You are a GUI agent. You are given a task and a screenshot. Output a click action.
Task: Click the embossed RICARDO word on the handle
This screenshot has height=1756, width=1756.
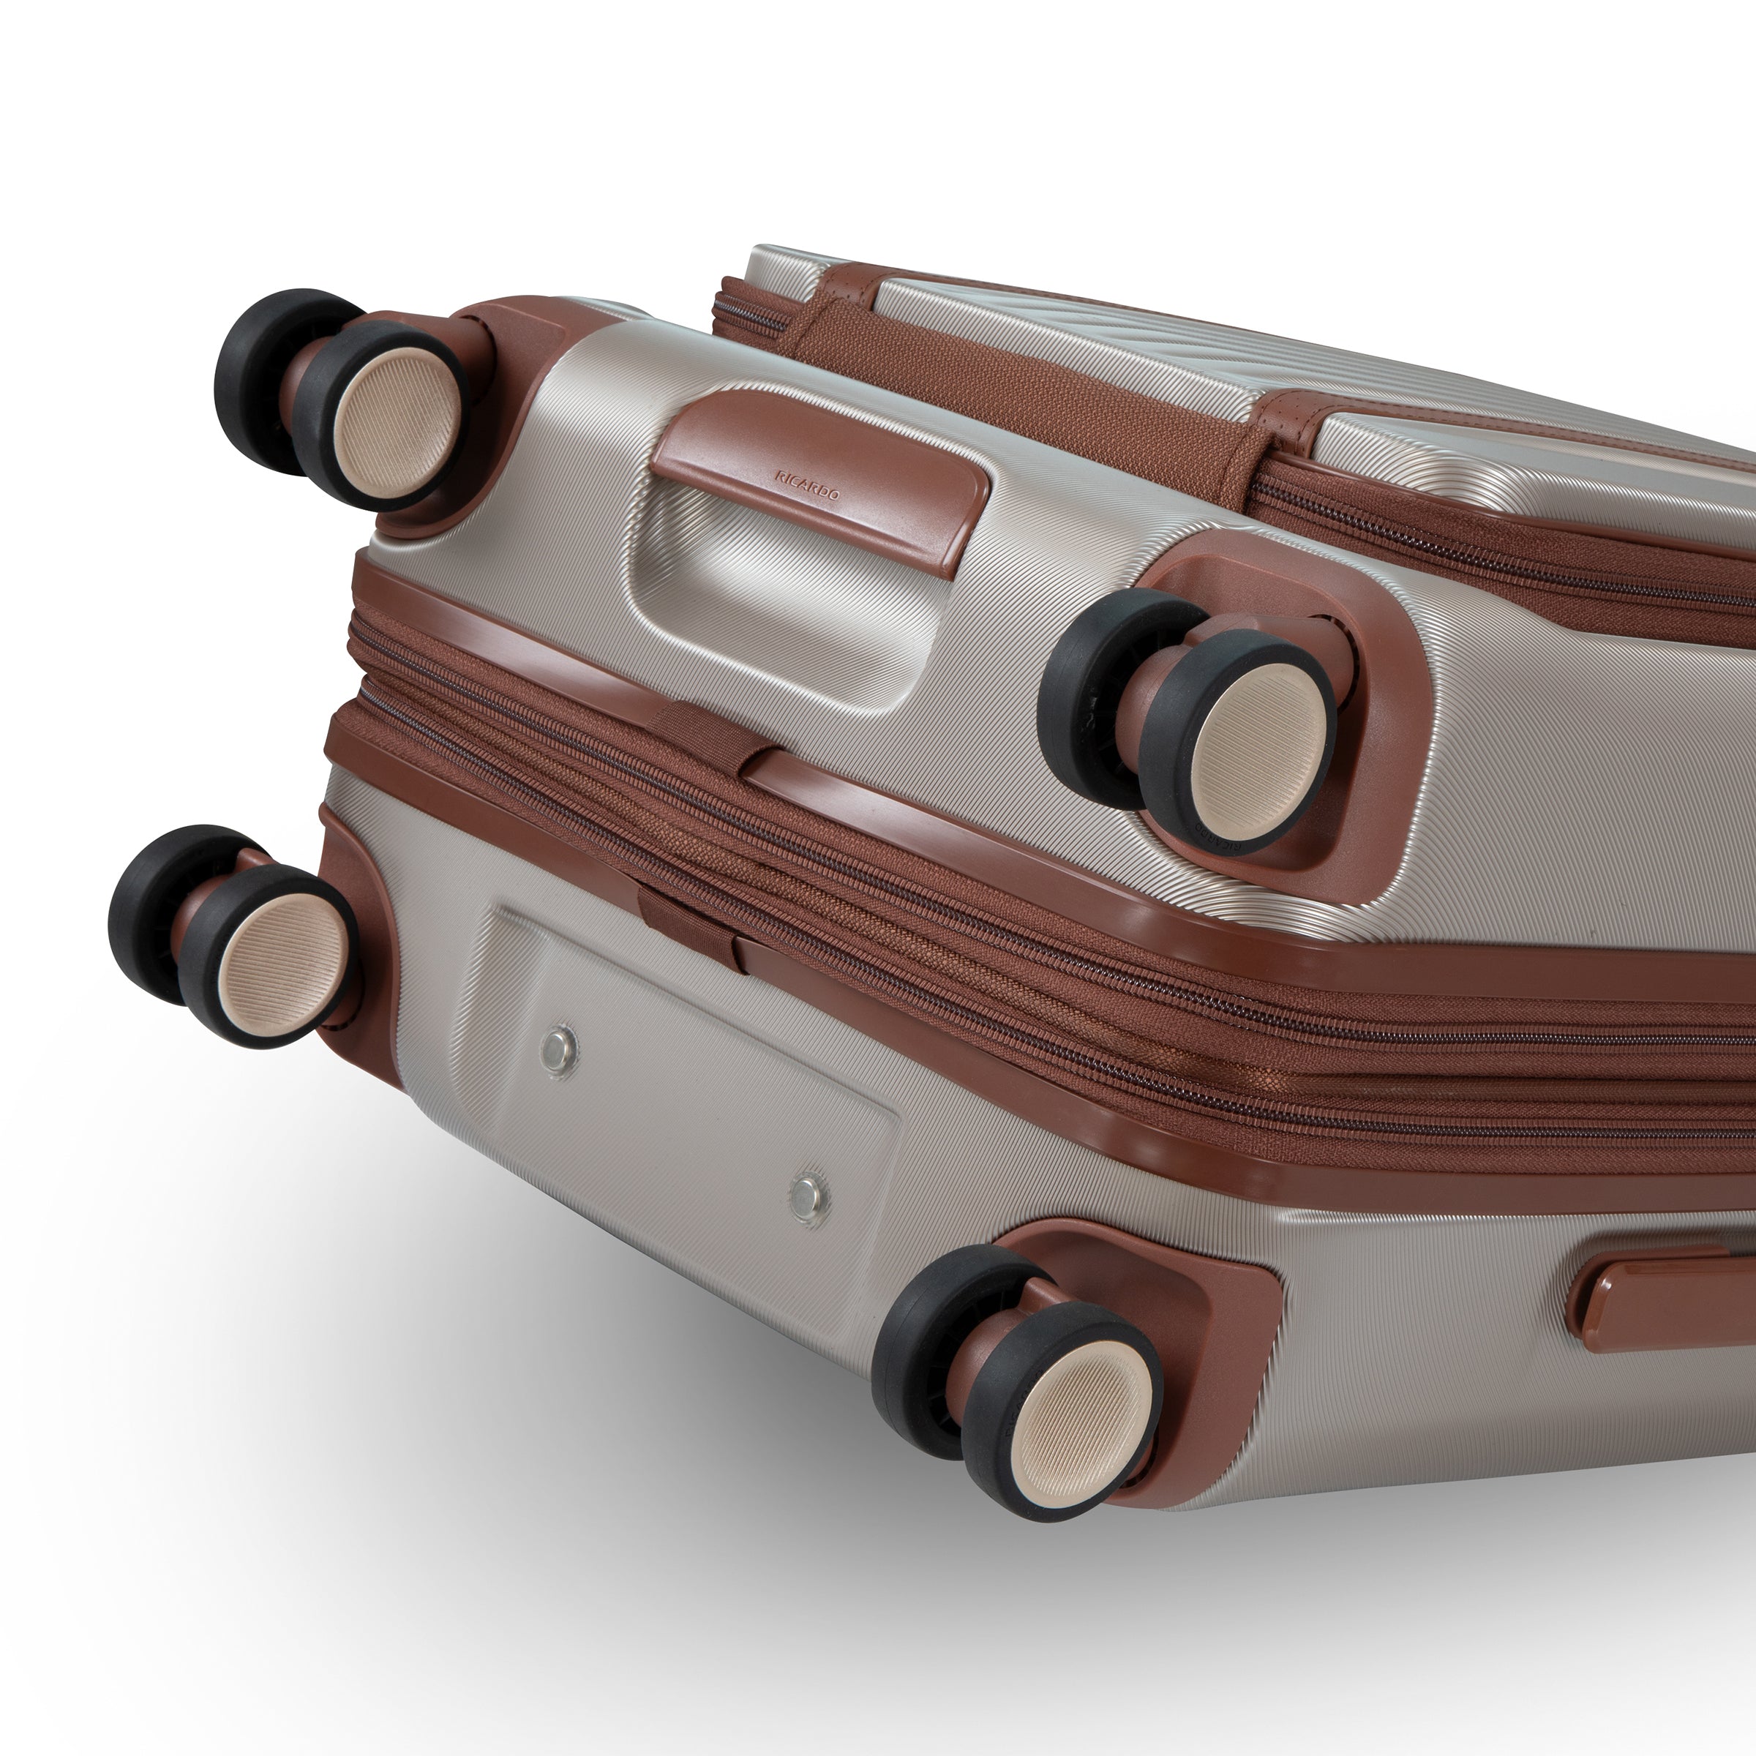(807, 485)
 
